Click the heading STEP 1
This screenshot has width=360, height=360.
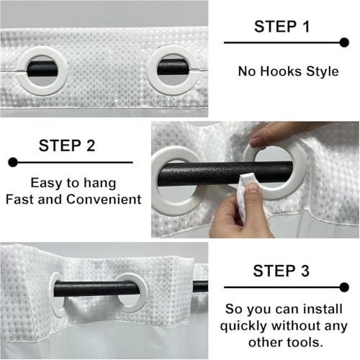282,27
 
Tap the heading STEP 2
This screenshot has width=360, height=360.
67,145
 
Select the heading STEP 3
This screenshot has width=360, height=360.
282,271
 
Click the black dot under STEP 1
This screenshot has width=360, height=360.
344,42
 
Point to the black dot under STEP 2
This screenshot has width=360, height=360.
13,162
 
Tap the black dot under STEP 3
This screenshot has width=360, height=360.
344,287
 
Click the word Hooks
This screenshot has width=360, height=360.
281,71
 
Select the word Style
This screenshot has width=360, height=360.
323,72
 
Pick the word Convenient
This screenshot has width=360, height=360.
104,199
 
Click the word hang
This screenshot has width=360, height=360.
99,184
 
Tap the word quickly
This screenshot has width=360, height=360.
243,326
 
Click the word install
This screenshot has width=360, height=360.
323,309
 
